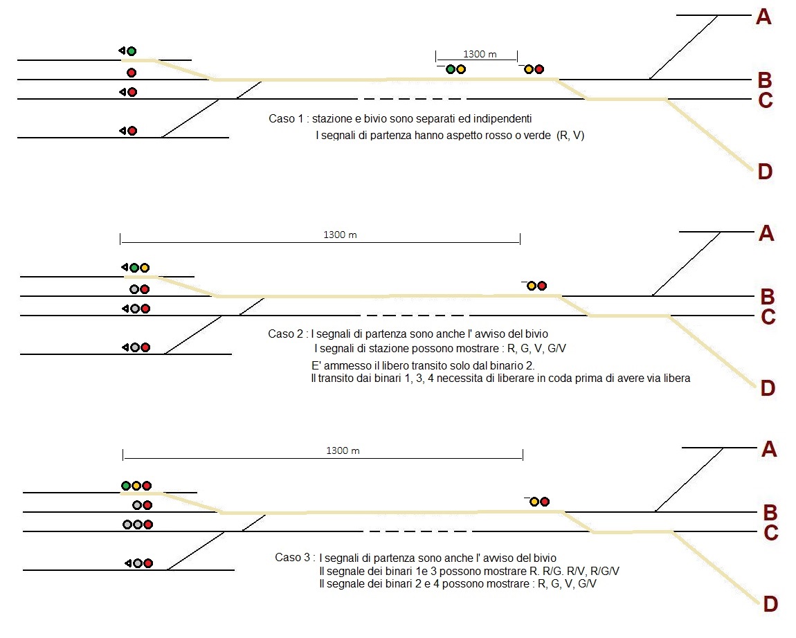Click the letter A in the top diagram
(x=763, y=17)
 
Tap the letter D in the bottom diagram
(x=770, y=604)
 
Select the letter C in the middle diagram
(x=768, y=318)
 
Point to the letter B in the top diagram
(x=764, y=80)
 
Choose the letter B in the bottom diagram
(x=770, y=513)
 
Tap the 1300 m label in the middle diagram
(x=340, y=235)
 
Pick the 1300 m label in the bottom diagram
(x=343, y=451)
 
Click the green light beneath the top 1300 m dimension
(x=451, y=69)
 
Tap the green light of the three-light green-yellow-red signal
(x=126, y=486)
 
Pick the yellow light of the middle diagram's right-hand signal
(x=531, y=285)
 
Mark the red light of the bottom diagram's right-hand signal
(x=545, y=501)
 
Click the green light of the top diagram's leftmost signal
(x=132, y=51)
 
